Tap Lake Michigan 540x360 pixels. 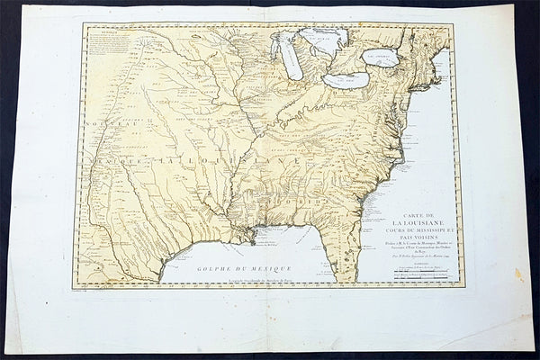coord(290,58)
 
